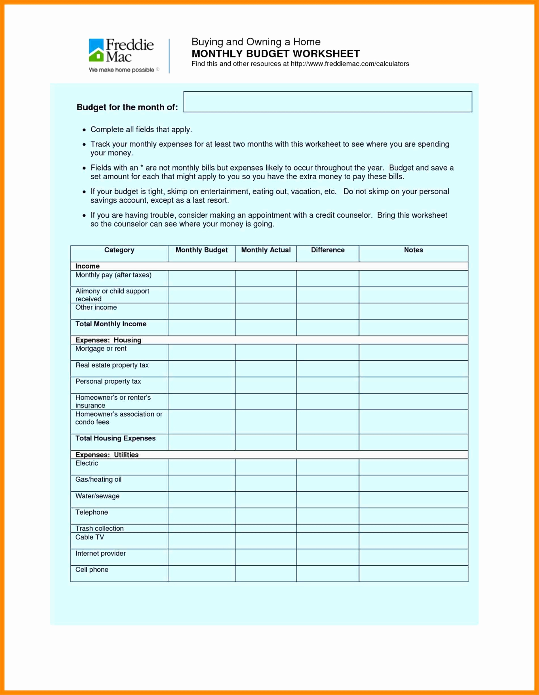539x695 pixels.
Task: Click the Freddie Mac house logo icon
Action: (96, 50)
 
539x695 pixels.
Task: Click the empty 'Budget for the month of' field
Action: (327, 102)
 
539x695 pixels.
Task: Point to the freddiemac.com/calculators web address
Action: (350, 64)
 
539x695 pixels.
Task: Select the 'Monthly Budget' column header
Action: (201, 250)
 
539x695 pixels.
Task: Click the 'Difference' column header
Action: (327, 250)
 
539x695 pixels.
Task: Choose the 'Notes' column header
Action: (413, 250)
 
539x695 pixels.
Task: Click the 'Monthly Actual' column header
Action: (266, 250)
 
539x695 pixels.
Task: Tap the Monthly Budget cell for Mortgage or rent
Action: (201, 352)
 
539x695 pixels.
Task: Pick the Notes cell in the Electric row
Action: (413, 467)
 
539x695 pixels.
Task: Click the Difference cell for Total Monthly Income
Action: (327, 327)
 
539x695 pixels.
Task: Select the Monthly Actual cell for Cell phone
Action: (266, 574)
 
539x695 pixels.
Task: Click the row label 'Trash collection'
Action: (99, 528)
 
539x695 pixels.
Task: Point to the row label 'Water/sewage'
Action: (97, 496)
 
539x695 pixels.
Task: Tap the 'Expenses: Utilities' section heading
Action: (107, 455)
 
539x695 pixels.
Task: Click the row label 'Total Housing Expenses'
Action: (115, 438)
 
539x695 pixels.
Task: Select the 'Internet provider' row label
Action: (100, 553)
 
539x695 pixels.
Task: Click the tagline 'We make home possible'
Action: (121, 70)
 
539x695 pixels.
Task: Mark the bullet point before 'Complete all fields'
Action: (84, 130)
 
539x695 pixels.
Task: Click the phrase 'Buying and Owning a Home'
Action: (256, 42)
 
